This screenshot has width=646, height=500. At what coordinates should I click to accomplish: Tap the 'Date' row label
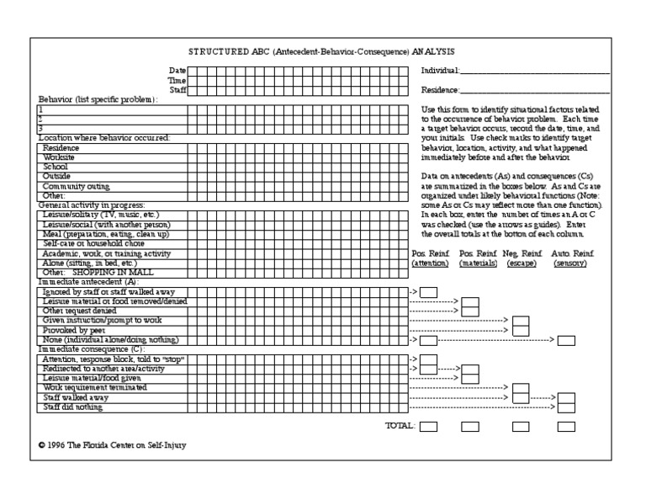pyautogui.click(x=177, y=70)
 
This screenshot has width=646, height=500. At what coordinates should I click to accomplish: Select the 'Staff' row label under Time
pyautogui.click(x=177, y=89)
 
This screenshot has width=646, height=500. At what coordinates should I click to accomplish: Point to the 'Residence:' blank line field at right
pyautogui.click(x=535, y=90)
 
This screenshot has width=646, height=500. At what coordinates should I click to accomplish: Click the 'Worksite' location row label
pyautogui.click(x=58, y=157)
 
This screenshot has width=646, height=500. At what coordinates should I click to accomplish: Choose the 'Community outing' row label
pyautogui.click(x=76, y=186)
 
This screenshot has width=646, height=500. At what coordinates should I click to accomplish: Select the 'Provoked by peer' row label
pyautogui.click(x=71, y=330)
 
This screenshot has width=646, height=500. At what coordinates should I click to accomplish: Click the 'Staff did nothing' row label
pyautogui.click(x=73, y=407)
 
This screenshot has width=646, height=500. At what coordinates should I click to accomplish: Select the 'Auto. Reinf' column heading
pyautogui.click(x=572, y=253)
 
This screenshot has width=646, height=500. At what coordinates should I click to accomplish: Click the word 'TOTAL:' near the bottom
pyautogui.click(x=400, y=427)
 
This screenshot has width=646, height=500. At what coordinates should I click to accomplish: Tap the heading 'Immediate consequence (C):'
pyautogui.click(x=92, y=349)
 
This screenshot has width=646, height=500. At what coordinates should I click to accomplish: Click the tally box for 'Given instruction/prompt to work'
pyautogui.click(x=521, y=321)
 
